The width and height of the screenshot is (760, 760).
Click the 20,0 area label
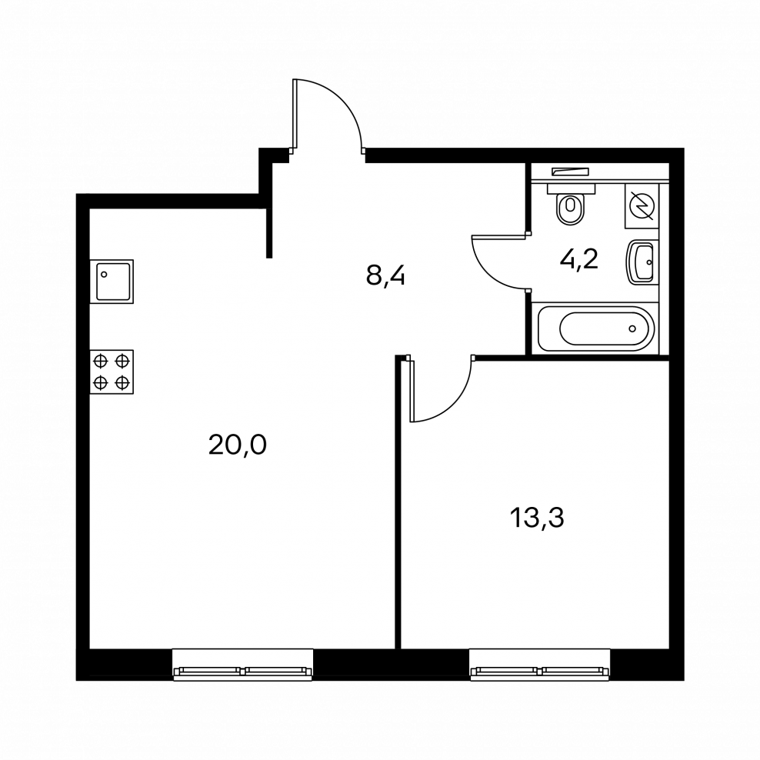[238, 445]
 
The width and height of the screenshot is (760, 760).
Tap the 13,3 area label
[537, 518]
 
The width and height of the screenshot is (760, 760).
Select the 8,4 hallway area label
[385, 277]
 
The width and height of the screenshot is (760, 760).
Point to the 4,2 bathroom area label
[579, 260]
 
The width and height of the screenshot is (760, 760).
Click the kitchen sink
[112, 282]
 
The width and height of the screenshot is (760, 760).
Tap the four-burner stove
[112, 372]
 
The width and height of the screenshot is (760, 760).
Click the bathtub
[595, 328]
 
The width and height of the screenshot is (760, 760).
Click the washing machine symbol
[642, 206]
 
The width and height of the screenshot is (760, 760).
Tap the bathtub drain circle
[632, 328]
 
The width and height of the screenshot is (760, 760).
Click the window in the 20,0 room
[243, 665]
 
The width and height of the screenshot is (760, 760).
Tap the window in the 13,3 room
[539, 665]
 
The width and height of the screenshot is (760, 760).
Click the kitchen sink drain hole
[103, 275]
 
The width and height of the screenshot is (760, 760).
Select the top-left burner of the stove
[100, 361]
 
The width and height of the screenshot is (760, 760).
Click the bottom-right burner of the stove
[122, 383]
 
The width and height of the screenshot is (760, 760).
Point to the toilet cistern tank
[571, 188]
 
